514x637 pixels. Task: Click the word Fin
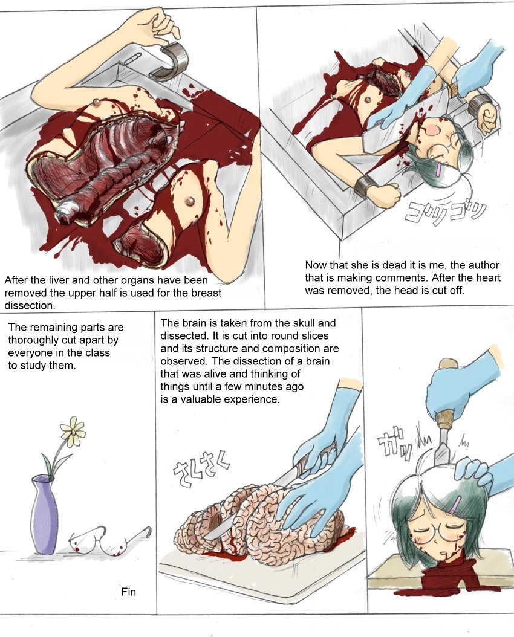coord(128,592)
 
